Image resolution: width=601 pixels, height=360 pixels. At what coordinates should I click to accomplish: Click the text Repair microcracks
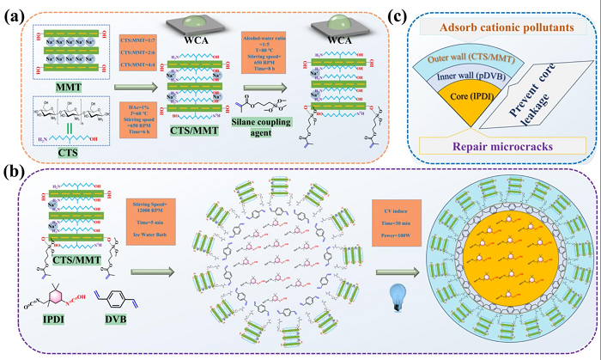click(x=520, y=146)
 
